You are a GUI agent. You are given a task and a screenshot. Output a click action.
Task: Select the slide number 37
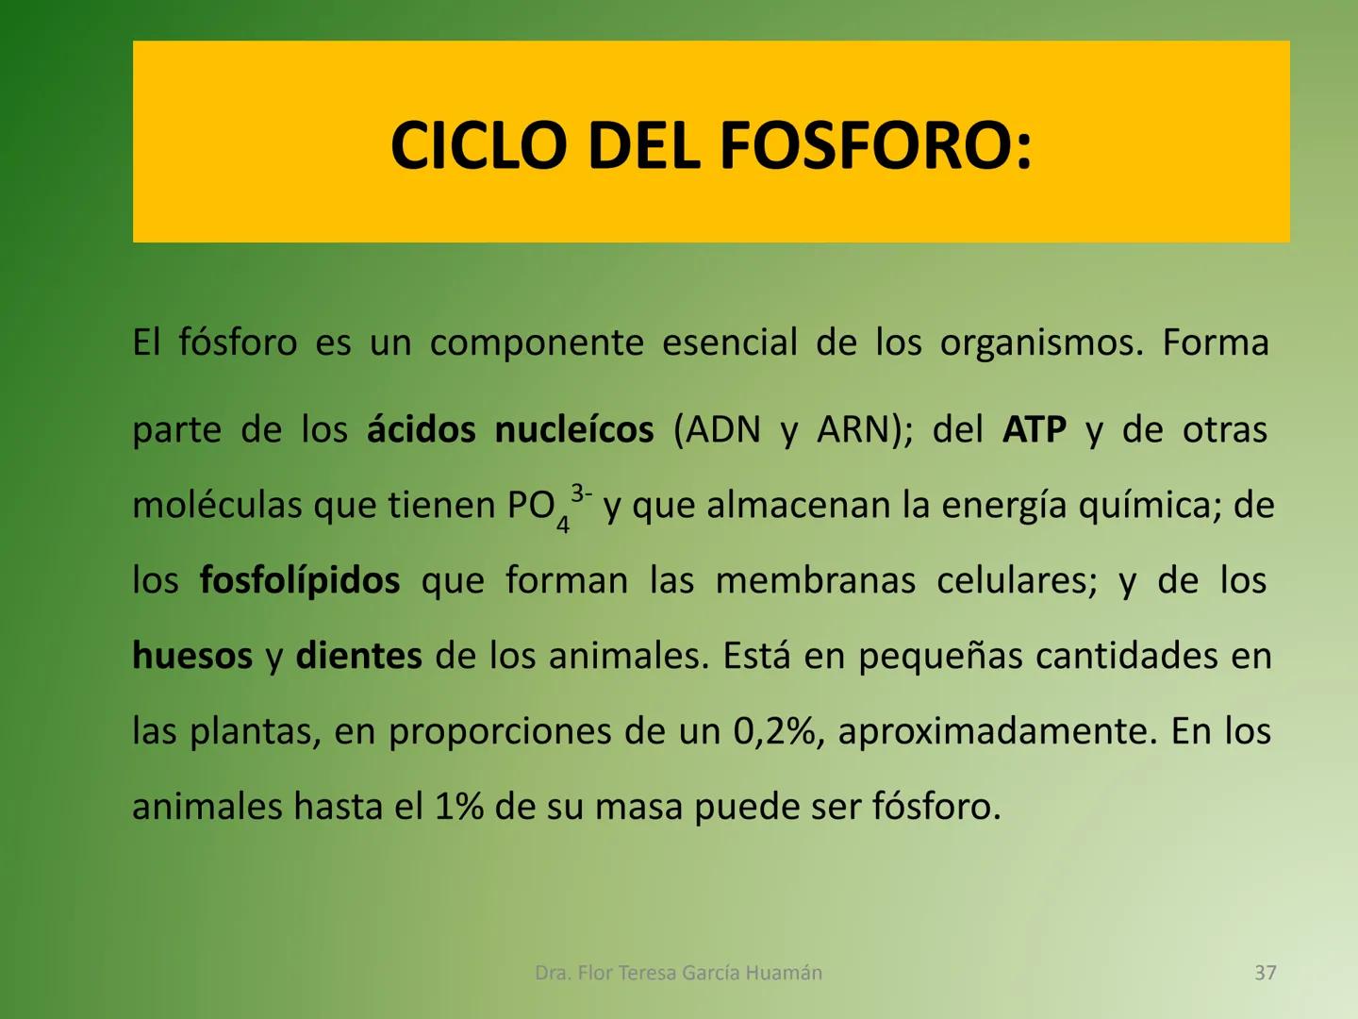(x=1266, y=973)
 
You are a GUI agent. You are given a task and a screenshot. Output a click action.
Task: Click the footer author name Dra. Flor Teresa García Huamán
(x=678, y=973)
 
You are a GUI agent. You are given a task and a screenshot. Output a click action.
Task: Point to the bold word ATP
(x=1034, y=430)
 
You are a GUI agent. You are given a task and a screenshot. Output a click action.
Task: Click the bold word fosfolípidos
(x=300, y=580)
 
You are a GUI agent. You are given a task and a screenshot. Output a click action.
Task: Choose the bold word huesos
(x=192, y=656)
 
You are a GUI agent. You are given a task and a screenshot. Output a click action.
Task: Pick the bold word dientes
(x=358, y=656)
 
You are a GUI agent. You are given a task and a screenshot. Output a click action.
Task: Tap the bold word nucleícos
(x=573, y=430)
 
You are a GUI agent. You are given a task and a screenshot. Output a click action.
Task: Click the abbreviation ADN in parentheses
(x=723, y=430)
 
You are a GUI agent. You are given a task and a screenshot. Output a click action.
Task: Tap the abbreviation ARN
(x=854, y=430)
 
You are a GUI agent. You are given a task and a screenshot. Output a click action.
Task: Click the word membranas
(x=815, y=580)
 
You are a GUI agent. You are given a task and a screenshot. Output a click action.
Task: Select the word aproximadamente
(x=997, y=732)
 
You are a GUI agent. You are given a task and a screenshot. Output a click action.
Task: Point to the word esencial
(x=729, y=342)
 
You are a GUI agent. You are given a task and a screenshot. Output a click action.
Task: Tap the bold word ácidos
(x=421, y=430)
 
